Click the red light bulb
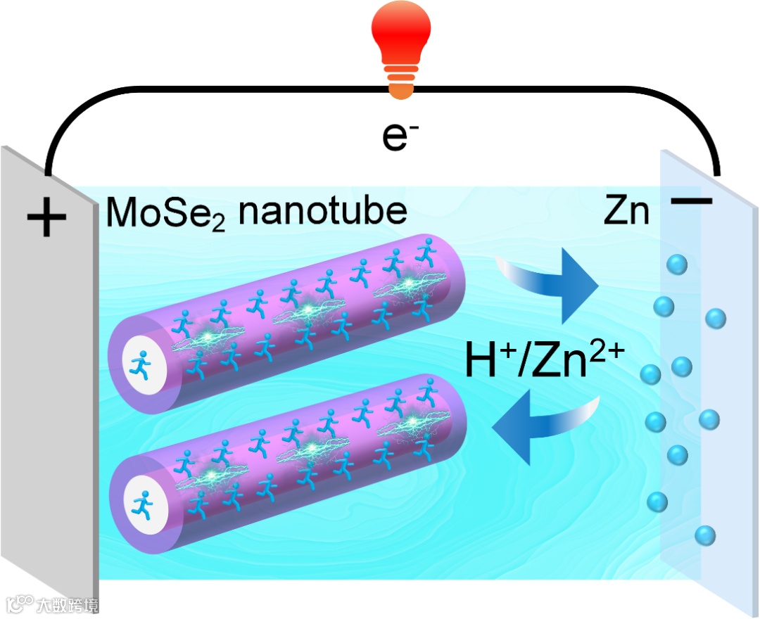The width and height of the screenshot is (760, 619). pyautogui.click(x=400, y=35)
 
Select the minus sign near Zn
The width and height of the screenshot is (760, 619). pyautogui.click(x=692, y=202)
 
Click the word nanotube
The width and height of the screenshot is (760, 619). pyautogui.click(x=323, y=210)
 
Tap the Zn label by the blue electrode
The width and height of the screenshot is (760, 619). pyautogui.click(x=626, y=212)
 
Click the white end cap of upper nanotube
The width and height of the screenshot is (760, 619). pyautogui.click(x=144, y=364)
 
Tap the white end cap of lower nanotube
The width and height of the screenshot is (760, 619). pyautogui.click(x=144, y=504)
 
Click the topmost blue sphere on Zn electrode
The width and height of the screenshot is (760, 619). pyautogui.click(x=676, y=264)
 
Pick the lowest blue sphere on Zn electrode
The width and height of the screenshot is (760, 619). pyautogui.click(x=704, y=535)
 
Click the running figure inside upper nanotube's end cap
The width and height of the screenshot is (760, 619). pyautogui.click(x=143, y=364)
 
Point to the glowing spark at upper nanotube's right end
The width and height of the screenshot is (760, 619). pyautogui.click(x=408, y=284)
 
